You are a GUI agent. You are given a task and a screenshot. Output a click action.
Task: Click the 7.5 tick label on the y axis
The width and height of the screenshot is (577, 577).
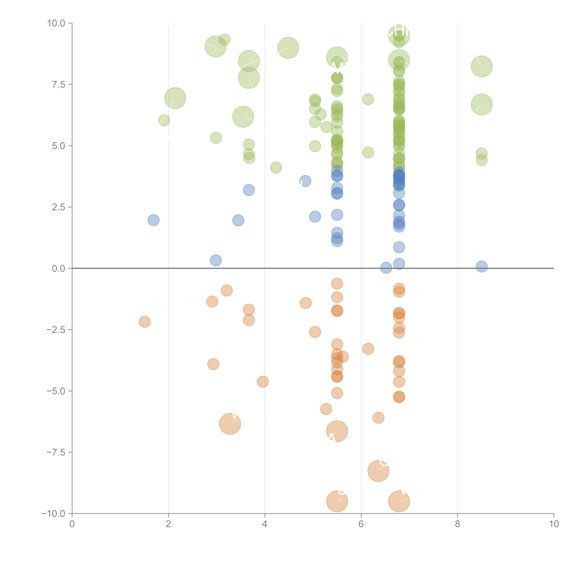point(58,84)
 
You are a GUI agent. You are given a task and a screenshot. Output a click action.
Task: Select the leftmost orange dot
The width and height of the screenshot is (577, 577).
point(145,322)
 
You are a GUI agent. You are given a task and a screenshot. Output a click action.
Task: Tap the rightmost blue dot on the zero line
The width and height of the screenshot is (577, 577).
point(481,266)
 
